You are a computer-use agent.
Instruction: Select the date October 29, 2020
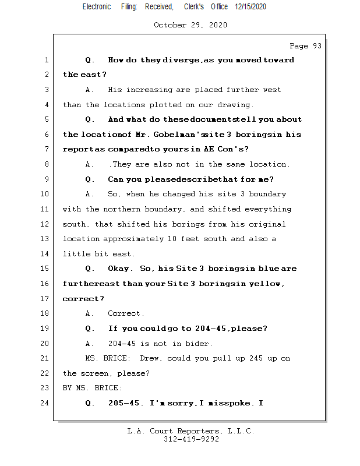tap(190, 25)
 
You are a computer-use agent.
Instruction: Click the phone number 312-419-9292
tap(191, 439)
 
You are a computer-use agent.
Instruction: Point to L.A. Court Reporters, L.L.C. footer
tap(190, 431)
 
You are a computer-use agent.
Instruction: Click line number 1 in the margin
tap(46, 60)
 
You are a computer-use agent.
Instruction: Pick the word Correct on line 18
tap(125, 313)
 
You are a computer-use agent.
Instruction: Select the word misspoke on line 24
tap(232, 403)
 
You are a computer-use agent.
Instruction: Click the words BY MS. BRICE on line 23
tap(92, 388)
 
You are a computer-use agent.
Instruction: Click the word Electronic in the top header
tap(96, 7)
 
